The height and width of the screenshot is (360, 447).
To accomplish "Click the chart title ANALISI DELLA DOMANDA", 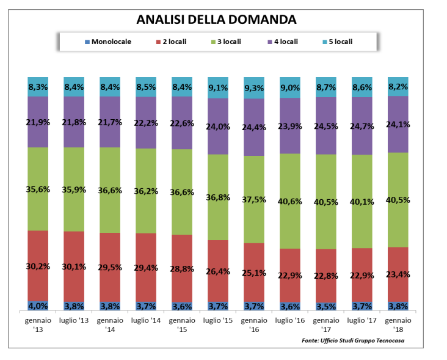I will click(x=217, y=19).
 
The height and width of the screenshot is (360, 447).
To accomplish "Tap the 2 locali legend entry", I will click(x=174, y=42).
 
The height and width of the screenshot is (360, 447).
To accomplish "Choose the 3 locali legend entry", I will click(x=228, y=42).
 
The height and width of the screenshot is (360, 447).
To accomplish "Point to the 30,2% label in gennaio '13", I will click(x=38, y=266).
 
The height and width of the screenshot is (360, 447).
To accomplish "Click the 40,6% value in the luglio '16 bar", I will click(x=290, y=199).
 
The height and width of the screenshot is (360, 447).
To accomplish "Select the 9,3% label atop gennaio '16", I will click(x=254, y=88).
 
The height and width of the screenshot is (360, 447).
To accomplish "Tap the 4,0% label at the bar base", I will click(x=38, y=306).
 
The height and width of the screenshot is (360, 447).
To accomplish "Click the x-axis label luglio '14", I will click(x=146, y=320).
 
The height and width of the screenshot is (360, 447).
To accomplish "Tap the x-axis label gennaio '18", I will click(x=398, y=324).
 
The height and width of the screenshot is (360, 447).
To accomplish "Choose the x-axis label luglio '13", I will click(x=74, y=320).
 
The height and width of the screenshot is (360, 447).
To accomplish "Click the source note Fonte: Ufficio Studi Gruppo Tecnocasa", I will click(x=353, y=340).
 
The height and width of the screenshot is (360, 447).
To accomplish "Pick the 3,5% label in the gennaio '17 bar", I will click(x=326, y=306).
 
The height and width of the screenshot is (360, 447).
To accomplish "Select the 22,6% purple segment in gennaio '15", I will click(x=182, y=123).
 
